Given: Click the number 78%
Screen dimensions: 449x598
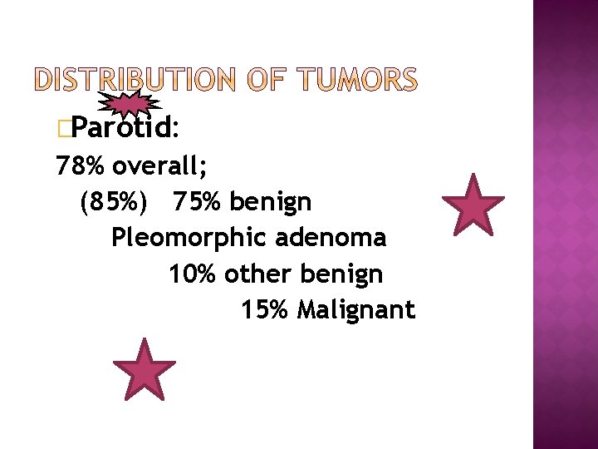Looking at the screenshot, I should coord(80,166).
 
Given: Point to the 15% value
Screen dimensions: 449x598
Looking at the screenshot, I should coord(264,310).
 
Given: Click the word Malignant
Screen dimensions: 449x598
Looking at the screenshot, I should coord(356,311).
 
